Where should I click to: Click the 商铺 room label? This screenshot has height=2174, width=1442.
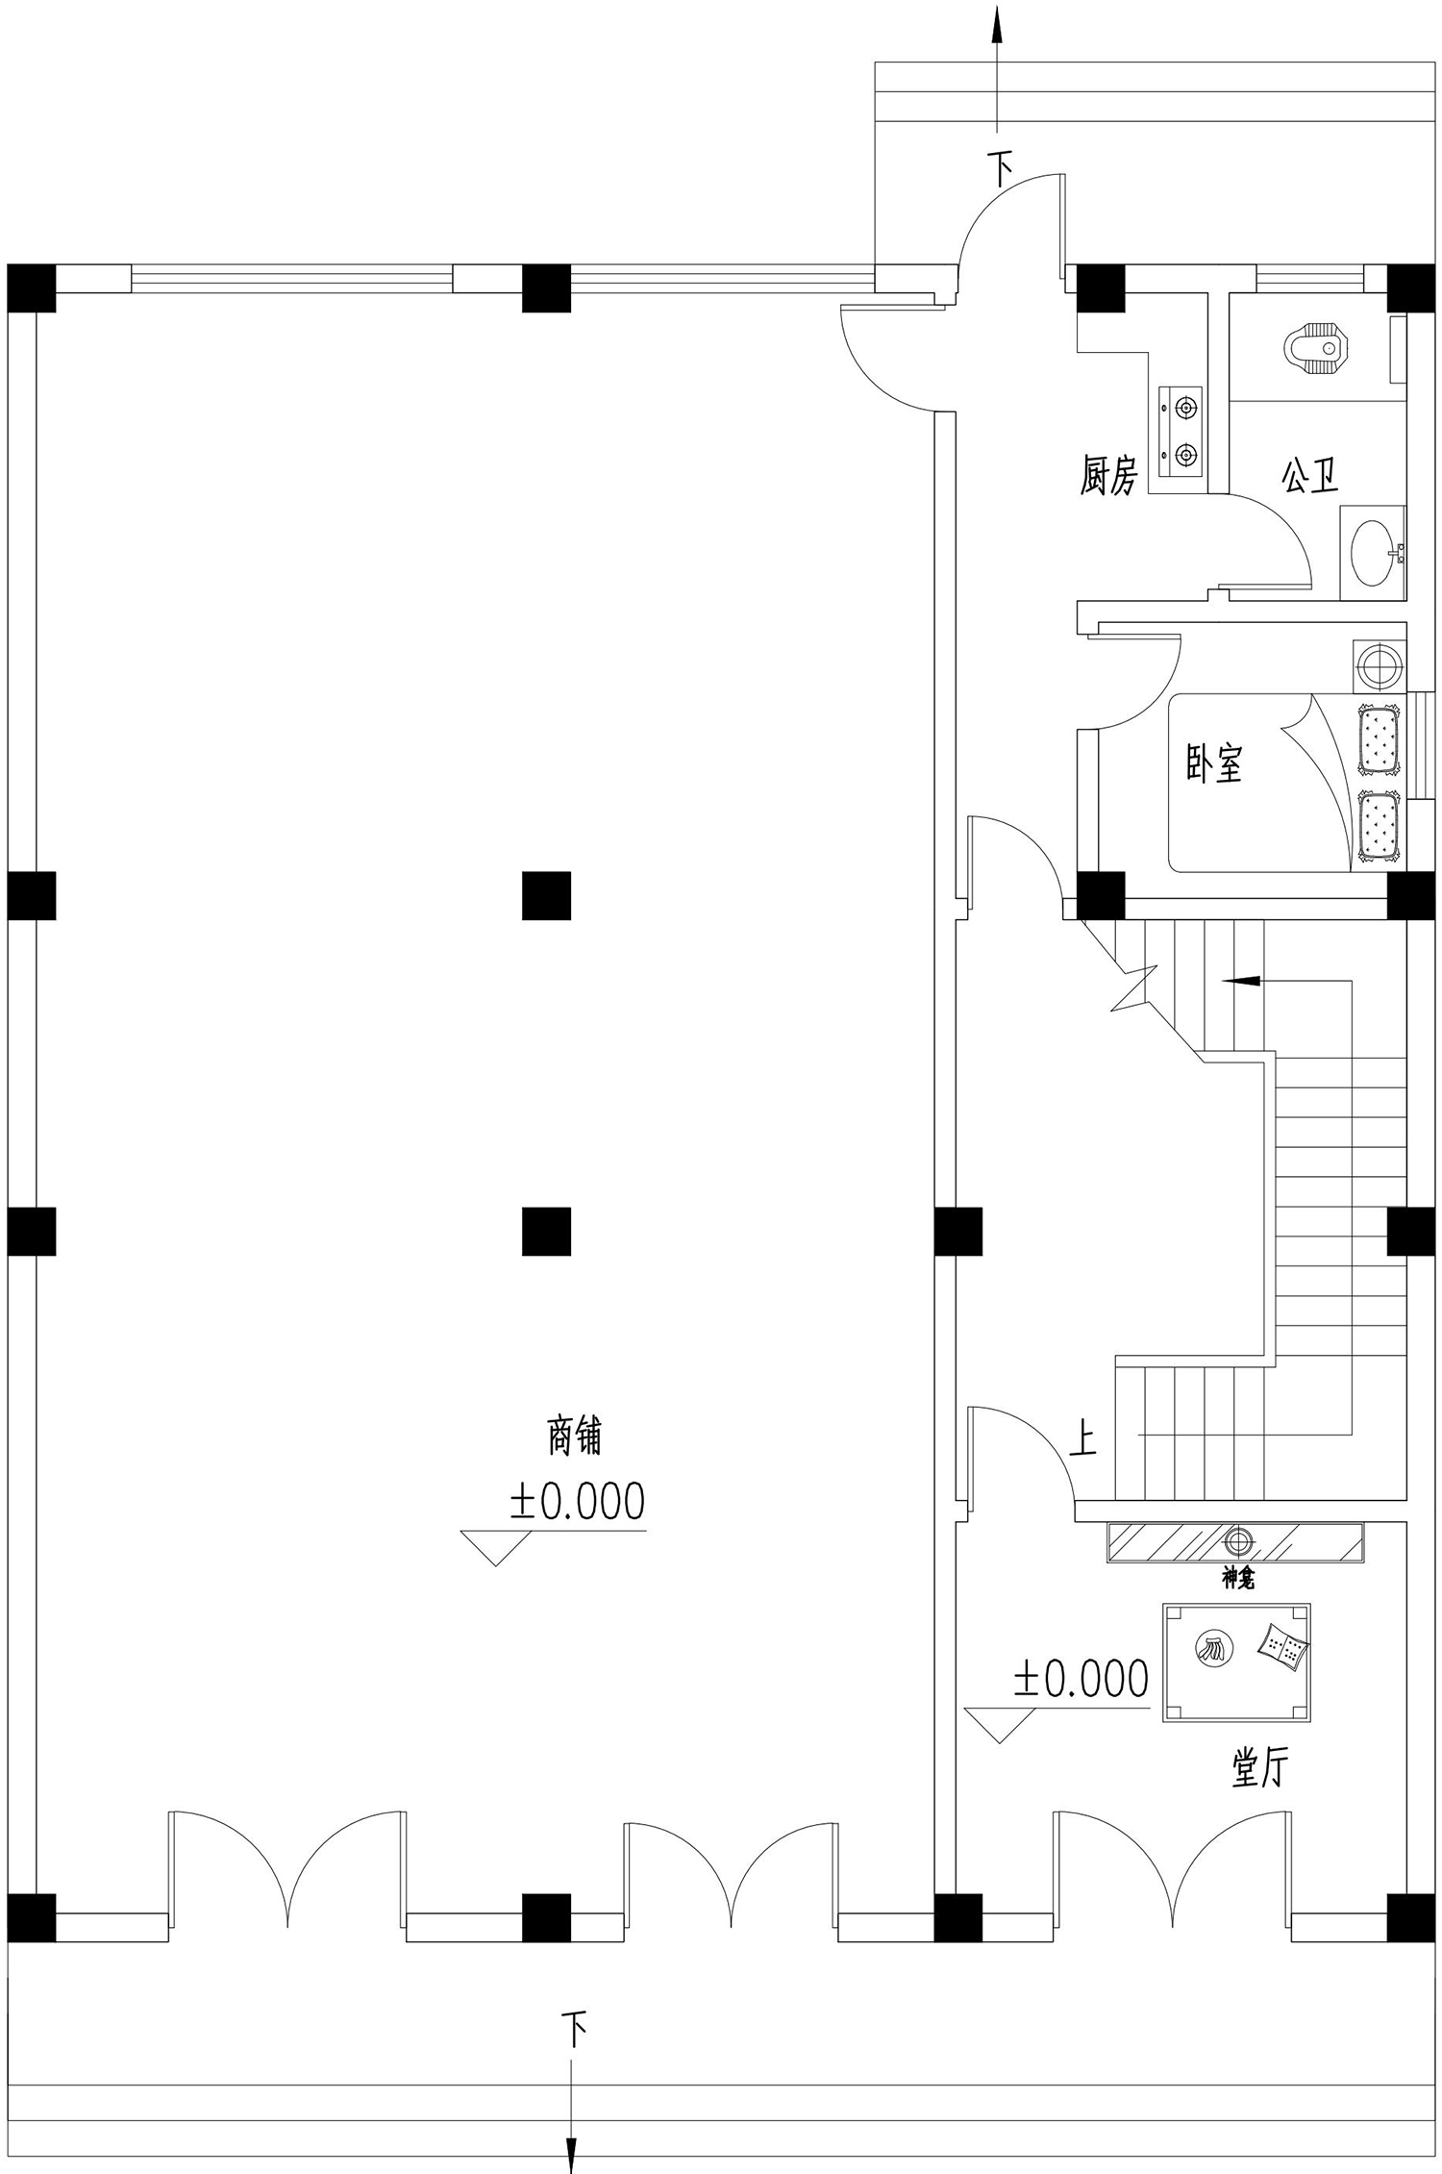[575, 1437]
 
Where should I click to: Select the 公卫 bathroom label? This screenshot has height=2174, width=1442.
[1308, 474]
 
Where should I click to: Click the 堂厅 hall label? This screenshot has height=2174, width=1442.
[1260, 1766]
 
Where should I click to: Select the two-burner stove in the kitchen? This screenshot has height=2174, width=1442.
[1180, 431]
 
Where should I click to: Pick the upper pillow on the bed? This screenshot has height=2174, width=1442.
[1378, 738]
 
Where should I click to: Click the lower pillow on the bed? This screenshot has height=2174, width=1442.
[1378, 824]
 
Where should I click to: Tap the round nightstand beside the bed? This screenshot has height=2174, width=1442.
[1380, 665]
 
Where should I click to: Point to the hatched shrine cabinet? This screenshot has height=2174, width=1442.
[1235, 1542]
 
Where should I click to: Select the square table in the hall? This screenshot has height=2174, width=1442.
[1236, 1662]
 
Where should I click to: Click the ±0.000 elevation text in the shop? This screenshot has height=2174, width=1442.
[578, 1502]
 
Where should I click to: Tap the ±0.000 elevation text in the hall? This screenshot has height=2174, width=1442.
[1081, 1679]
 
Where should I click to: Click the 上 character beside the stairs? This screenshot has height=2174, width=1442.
[1083, 1439]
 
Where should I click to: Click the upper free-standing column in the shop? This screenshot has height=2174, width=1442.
[546, 895]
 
